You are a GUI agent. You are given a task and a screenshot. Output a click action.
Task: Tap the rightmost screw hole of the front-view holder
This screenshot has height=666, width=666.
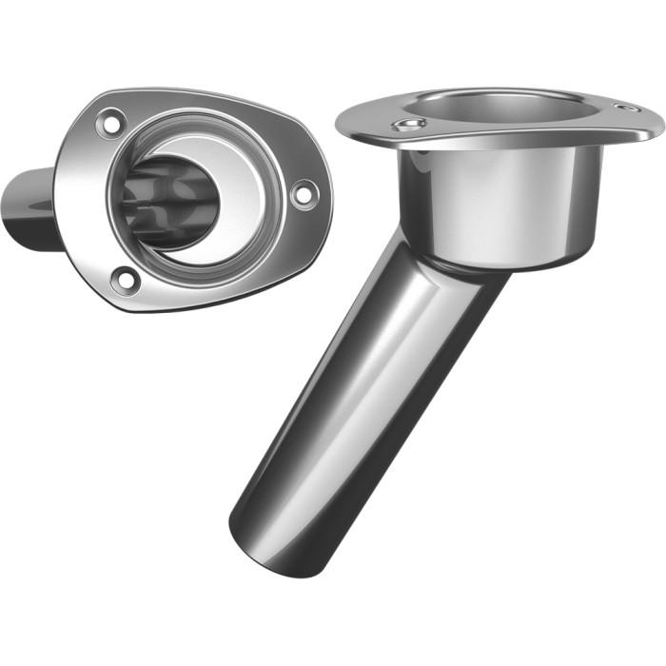(x=304, y=194)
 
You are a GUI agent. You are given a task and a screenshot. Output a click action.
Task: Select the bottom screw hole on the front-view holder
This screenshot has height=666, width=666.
(x=124, y=280)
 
